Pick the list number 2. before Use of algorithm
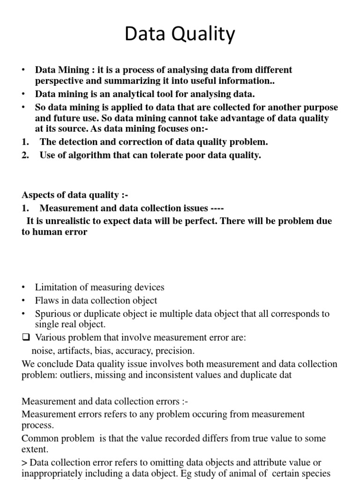[25, 155]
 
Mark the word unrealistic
[61, 221]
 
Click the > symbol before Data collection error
[24, 463]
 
